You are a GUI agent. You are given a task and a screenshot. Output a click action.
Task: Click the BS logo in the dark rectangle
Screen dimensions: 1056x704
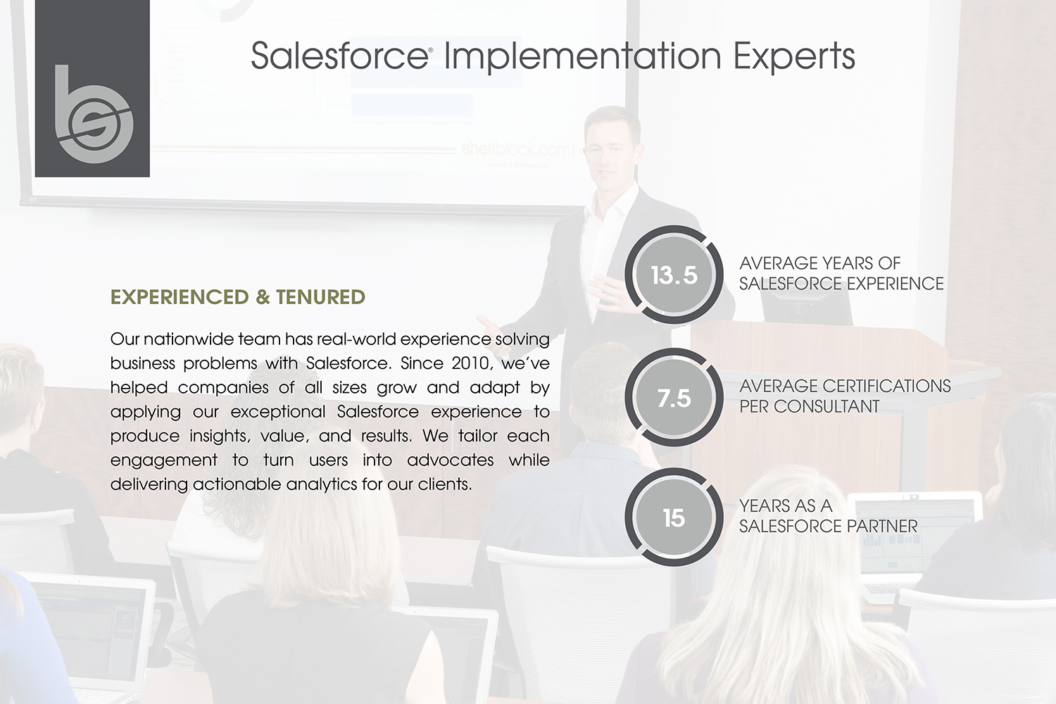pyautogui.click(x=94, y=115)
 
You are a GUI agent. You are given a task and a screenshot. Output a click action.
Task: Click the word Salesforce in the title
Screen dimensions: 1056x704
pyautogui.click(x=339, y=56)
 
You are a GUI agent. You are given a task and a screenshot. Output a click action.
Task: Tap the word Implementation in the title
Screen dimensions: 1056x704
pyautogui.click(x=583, y=57)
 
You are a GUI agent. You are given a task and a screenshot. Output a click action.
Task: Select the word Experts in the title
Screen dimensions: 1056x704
pyautogui.click(x=794, y=57)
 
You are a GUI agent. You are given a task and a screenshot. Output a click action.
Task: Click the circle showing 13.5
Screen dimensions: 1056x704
pyautogui.click(x=674, y=275)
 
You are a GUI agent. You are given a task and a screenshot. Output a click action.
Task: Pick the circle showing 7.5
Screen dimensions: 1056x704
pyautogui.click(x=674, y=398)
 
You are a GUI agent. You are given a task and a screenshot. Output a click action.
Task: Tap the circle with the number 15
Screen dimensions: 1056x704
pyautogui.click(x=674, y=517)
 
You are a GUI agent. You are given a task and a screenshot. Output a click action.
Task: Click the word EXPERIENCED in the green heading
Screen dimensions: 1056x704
pyautogui.click(x=180, y=297)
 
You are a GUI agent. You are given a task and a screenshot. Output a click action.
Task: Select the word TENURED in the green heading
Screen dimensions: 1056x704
pyautogui.click(x=320, y=297)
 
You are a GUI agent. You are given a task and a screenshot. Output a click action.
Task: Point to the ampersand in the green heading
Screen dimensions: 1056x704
pyautogui.click(x=263, y=297)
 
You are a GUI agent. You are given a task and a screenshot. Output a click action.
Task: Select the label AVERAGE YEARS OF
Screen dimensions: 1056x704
pyautogui.click(x=820, y=263)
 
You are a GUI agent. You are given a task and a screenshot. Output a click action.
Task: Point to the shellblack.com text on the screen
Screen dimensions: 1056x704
pyautogui.click(x=517, y=149)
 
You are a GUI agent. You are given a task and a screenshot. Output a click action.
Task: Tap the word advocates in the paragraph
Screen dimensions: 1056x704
pyautogui.click(x=451, y=460)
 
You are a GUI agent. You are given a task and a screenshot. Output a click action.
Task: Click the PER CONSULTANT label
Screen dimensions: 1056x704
pyautogui.click(x=809, y=406)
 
